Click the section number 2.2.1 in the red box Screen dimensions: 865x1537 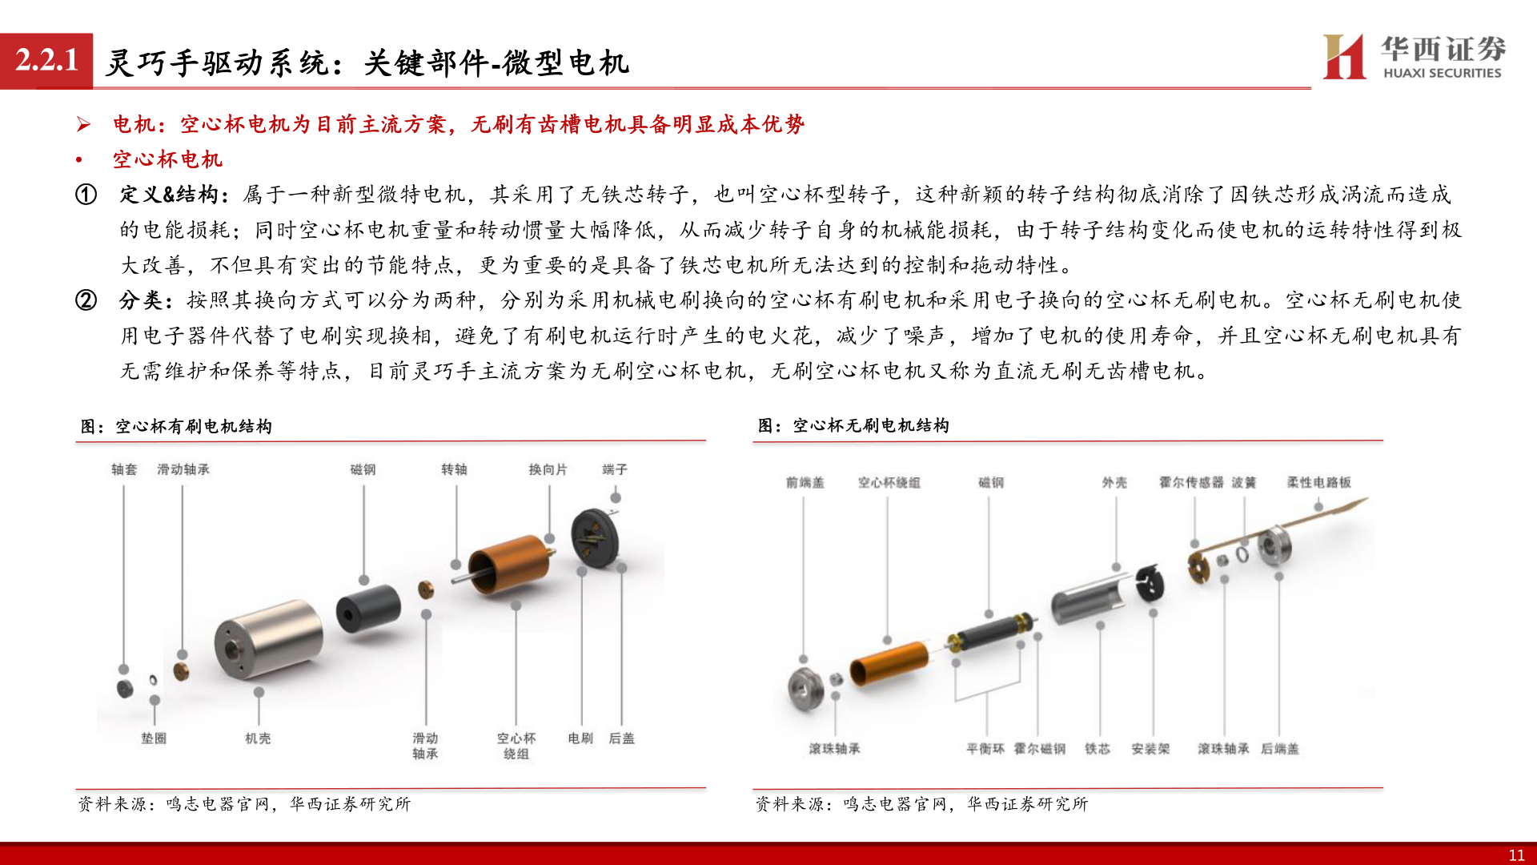tap(46, 61)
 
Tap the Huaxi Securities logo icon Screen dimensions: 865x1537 tap(1344, 56)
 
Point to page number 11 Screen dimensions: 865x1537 tap(1516, 855)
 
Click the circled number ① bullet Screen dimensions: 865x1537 tap(86, 195)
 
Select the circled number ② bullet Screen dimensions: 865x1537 tap(86, 300)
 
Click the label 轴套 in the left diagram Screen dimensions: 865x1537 tap(124, 469)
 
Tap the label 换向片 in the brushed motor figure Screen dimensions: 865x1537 tap(548, 469)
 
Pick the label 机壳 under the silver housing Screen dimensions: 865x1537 tap(258, 738)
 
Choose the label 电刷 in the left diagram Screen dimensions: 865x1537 tap(580, 738)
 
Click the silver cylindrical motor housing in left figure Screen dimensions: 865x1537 tap(268, 639)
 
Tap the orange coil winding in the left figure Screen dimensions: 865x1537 tap(511, 565)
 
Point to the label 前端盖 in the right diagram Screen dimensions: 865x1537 tap(805, 483)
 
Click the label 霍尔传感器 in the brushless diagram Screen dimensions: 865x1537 tap(1191, 483)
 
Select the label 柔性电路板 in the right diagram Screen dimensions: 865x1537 tap(1318, 483)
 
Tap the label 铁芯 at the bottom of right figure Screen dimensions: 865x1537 tap(1098, 749)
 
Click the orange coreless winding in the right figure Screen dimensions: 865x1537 tap(889, 663)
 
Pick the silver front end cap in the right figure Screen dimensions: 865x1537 tap(806, 687)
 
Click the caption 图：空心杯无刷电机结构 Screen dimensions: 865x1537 tap(853, 426)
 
